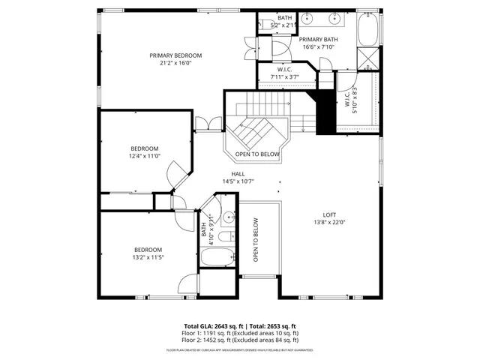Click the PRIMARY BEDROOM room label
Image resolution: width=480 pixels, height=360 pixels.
[175, 55]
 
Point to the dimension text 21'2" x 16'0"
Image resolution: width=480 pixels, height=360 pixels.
[175, 64]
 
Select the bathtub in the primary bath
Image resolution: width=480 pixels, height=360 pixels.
[367, 29]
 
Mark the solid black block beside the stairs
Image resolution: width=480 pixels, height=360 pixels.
[326, 112]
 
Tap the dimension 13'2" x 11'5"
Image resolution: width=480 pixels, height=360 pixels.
[148, 257]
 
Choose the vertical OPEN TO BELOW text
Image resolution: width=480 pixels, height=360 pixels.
[256, 240]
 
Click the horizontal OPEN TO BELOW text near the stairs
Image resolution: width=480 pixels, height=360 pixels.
[257, 154]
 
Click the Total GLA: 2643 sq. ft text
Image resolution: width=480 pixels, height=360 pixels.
[211, 326]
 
